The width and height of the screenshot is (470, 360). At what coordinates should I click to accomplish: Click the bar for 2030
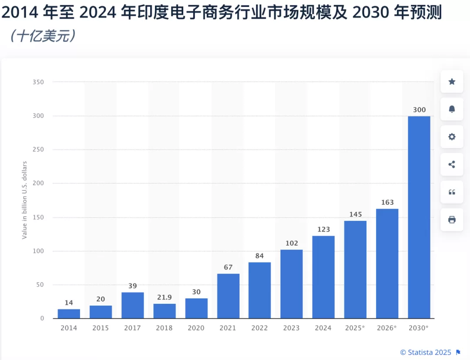[x=419, y=217]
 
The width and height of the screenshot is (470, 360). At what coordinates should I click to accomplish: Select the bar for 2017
[x=132, y=305]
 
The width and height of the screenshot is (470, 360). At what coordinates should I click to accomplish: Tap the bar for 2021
[x=228, y=296]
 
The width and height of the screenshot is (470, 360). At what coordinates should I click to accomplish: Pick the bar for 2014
[x=69, y=313]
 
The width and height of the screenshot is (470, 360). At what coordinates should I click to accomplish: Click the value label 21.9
[x=164, y=297]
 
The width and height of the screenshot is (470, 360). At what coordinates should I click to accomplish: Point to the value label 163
[x=387, y=202]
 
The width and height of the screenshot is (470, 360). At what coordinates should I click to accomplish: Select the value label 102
[x=292, y=243]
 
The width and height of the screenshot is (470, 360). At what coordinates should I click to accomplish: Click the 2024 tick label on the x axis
[x=323, y=328]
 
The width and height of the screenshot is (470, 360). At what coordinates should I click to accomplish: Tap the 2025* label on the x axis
[x=355, y=328]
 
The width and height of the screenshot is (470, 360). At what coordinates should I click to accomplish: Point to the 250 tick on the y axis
[x=38, y=150]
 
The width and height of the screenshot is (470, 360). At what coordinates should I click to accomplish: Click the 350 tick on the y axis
[x=38, y=82]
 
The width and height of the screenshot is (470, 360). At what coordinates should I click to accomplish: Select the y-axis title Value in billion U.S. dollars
[x=25, y=200]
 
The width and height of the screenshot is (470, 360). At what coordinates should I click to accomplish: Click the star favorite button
[x=452, y=81]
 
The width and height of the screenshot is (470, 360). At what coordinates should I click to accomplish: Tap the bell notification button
[x=452, y=109]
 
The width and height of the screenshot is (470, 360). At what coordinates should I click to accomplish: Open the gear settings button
[x=452, y=137]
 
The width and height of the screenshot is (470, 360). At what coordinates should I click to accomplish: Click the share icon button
[x=452, y=164]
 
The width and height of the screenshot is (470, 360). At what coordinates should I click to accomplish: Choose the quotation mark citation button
[x=452, y=192]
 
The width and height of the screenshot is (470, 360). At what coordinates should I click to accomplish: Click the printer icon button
[x=452, y=220]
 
